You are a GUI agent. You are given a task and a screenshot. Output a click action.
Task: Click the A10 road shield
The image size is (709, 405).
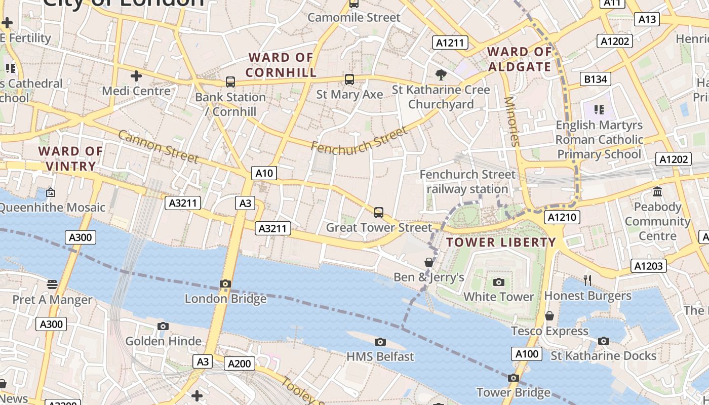pos(264,173)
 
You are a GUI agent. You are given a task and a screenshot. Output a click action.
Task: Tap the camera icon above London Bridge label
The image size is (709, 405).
pos(225,284)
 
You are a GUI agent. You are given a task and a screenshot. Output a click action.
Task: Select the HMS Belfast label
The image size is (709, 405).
pos(380,356)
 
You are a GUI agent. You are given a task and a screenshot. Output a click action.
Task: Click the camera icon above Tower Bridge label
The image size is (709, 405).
pos(513,378)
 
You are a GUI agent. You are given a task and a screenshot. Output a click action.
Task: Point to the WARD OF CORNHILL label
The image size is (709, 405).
pos(281,65)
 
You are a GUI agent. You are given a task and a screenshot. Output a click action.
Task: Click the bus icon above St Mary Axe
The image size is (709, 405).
pos(349,79)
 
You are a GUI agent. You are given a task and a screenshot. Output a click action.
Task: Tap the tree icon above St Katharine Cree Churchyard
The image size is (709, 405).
pos(441,75)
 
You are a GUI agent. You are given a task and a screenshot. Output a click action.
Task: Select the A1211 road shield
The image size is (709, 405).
pos(450,43)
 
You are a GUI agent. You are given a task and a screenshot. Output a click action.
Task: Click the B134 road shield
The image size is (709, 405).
pos(595,79)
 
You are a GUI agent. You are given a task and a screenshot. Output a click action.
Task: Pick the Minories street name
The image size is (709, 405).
pos(512,121)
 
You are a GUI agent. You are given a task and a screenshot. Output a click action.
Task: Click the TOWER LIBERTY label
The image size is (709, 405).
pos(501,242)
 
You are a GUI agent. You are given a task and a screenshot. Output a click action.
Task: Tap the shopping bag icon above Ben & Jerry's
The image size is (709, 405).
pos(429,262)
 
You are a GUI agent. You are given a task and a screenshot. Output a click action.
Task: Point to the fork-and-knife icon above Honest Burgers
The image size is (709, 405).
pos(587,280)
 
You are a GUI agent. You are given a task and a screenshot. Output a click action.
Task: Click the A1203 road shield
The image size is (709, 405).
pos(649,266)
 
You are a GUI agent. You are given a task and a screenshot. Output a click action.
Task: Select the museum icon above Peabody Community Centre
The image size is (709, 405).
pos(657,192)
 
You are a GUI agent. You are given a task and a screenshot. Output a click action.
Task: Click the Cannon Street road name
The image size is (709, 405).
pos(159,146)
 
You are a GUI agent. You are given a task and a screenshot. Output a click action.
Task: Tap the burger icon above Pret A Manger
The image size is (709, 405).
pos(52,285)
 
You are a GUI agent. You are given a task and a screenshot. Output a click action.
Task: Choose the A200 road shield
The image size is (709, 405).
pos(240,363)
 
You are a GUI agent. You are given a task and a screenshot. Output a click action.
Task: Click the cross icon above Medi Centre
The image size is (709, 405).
pos(136,76)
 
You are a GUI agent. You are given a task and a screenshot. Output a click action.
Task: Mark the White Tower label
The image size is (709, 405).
pos(499,297)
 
